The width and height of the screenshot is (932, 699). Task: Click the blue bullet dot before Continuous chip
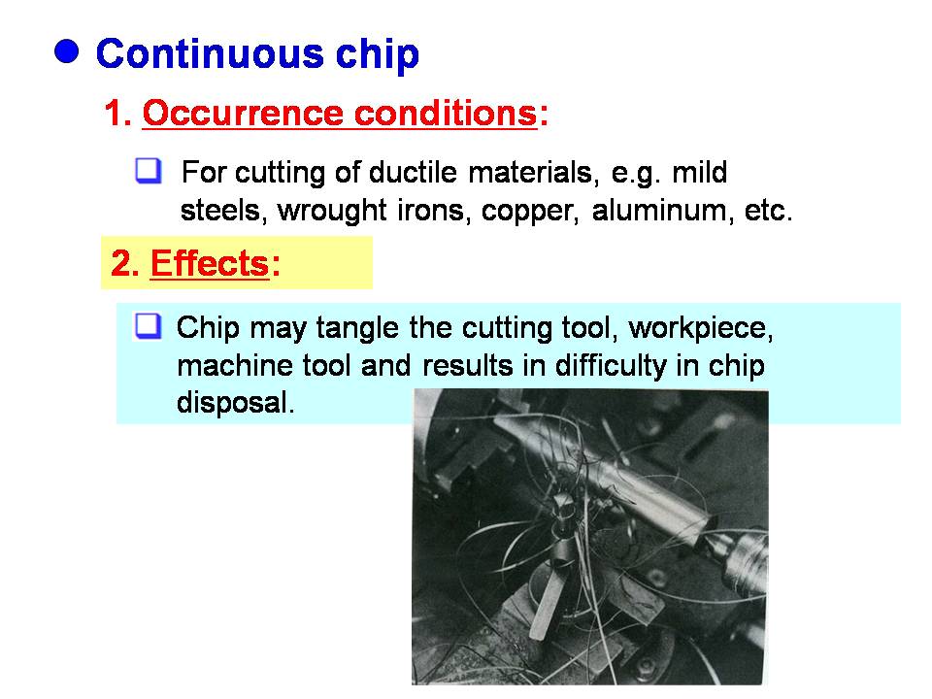pos(67,51)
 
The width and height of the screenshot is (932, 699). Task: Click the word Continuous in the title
pos(210,54)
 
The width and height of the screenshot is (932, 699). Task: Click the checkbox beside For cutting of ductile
pos(148,171)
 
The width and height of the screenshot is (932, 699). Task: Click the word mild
pos(699,173)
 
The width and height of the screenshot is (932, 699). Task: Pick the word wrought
pos(332,211)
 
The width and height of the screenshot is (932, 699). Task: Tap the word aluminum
pos(662,211)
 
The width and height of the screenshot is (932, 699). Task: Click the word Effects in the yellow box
pos(210,263)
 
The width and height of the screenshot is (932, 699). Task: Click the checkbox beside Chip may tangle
pos(148,326)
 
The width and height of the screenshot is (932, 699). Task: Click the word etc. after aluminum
pos(769,212)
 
